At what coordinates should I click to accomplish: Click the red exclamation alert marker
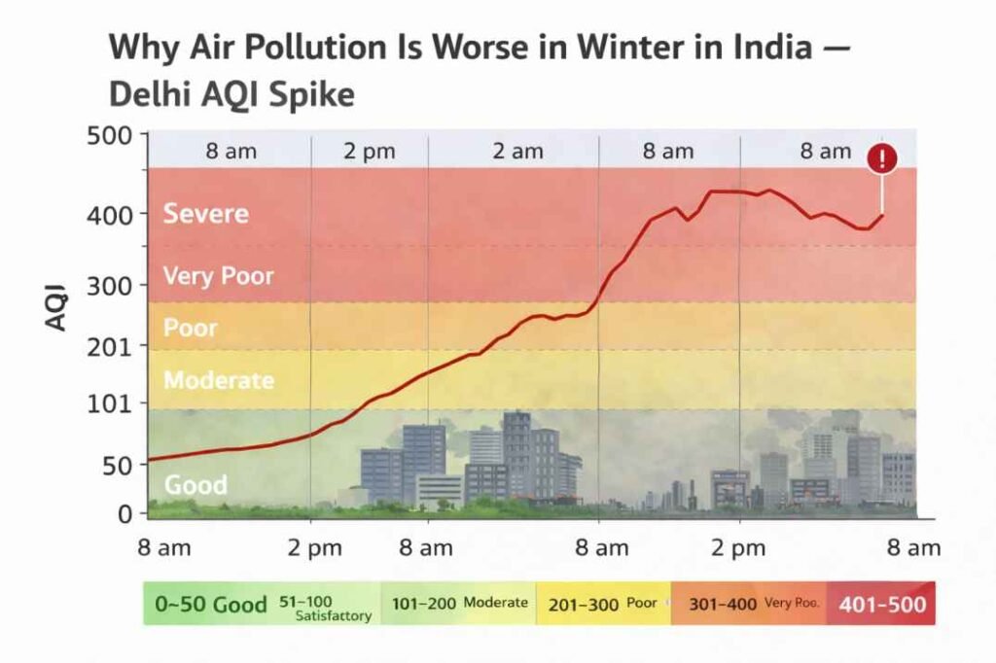pyautogui.click(x=882, y=157)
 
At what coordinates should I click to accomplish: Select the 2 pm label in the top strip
pyautogui.click(x=369, y=151)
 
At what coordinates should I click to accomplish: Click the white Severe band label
pyautogui.click(x=205, y=213)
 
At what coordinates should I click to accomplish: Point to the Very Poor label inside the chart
pyautogui.click(x=218, y=275)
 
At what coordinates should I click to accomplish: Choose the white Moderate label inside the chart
pyautogui.click(x=218, y=380)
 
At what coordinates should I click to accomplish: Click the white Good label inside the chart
pyautogui.click(x=196, y=484)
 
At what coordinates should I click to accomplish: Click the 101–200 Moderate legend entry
pyautogui.click(x=459, y=603)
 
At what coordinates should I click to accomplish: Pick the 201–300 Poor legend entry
pyautogui.click(x=602, y=604)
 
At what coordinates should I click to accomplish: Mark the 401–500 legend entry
pyautogui.click(x=882, y=605)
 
